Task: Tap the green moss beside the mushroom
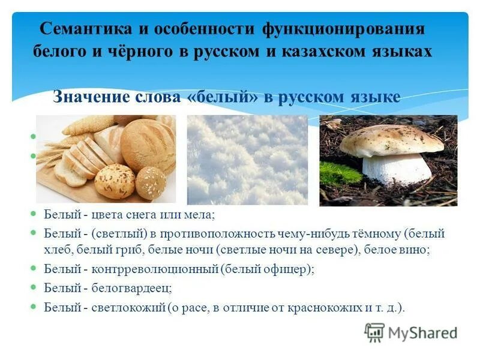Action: click(x=340, y=173)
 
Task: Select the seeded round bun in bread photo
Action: click(x=115, y=181)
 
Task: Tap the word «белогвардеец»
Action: click(x=128, y=288)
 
